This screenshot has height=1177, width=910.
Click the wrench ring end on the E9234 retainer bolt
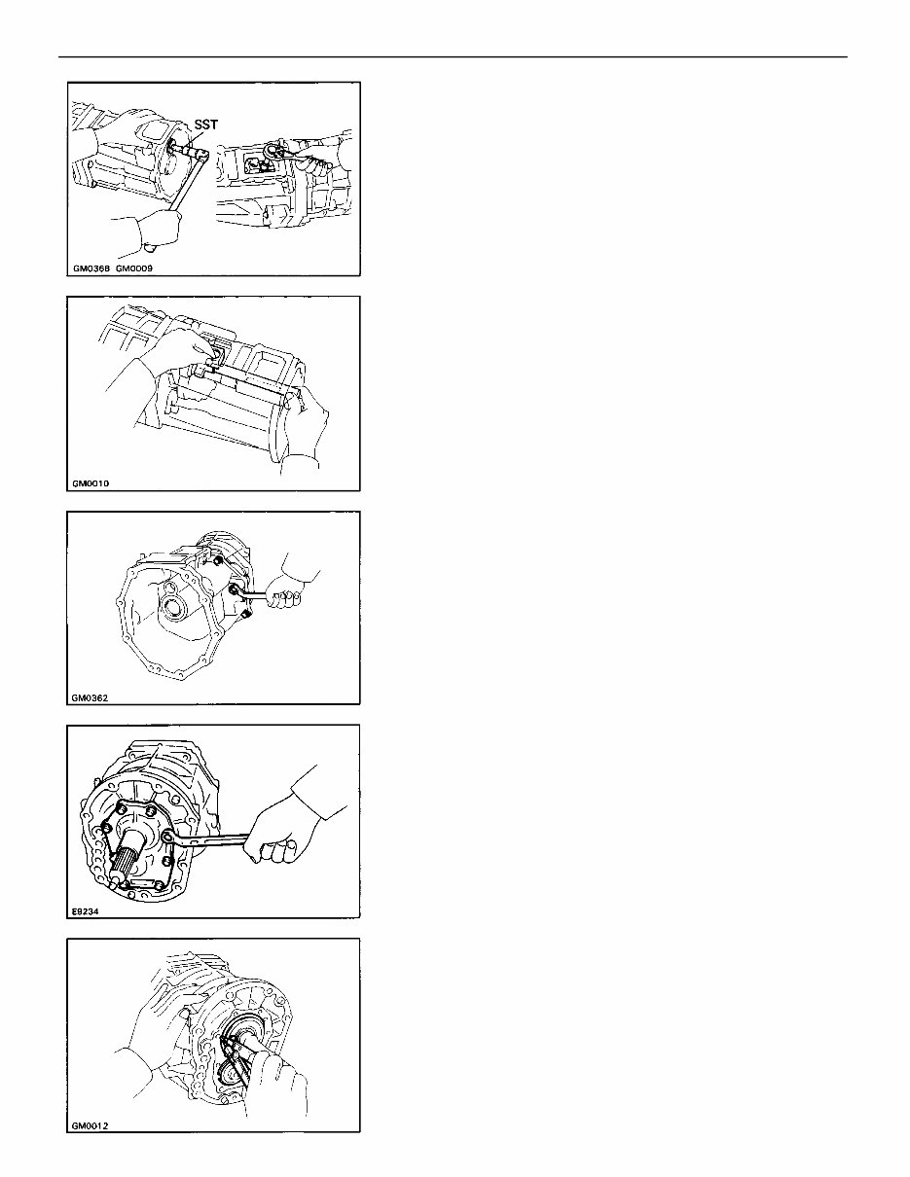(x=169, y=835)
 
